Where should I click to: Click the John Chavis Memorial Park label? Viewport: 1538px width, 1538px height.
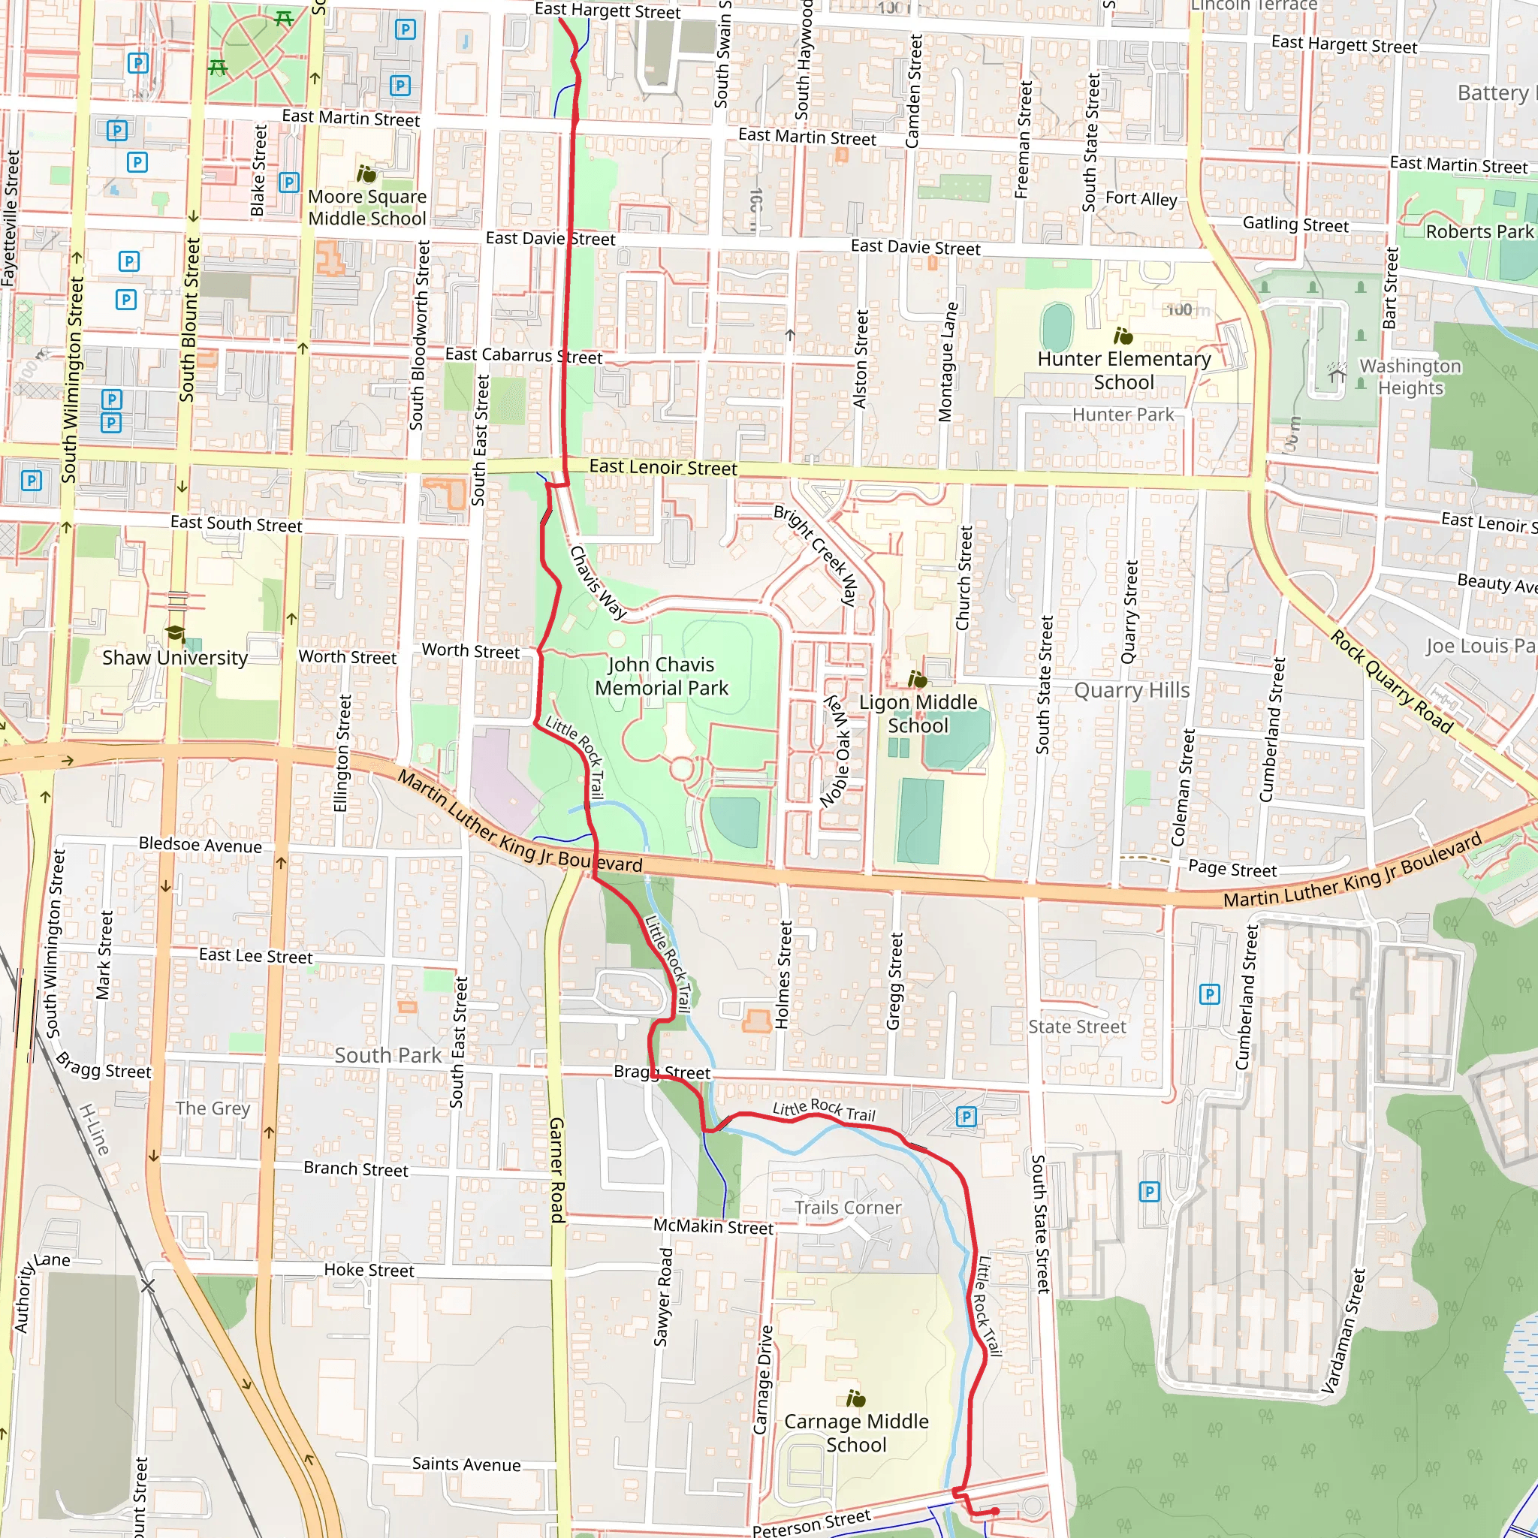661,676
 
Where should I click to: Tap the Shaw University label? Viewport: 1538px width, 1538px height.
174,658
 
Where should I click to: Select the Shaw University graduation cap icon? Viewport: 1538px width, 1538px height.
175,633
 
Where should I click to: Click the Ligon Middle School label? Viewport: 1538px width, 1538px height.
917,713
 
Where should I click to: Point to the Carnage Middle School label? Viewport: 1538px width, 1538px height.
856,1432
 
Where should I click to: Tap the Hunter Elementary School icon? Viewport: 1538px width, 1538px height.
1123,335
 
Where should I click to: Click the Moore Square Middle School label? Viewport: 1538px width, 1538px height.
367,207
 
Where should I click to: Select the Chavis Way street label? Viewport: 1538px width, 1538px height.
597,582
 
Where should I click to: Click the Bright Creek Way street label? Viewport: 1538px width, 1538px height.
816,555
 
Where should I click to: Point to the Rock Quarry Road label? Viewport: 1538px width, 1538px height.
1392,680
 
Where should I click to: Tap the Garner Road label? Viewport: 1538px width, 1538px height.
557,1169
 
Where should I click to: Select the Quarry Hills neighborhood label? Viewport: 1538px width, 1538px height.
1131,690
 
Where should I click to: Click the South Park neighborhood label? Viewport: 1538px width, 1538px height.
388,1056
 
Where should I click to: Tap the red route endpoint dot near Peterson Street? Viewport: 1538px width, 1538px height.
995,1511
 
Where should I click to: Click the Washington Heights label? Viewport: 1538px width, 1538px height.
1410,376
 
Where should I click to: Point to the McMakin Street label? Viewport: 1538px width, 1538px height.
713,1227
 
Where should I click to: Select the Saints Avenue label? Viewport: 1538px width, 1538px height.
466,1464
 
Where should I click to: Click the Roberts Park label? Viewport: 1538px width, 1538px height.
1479,231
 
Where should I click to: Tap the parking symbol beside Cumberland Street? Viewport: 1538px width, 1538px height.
1209,994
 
